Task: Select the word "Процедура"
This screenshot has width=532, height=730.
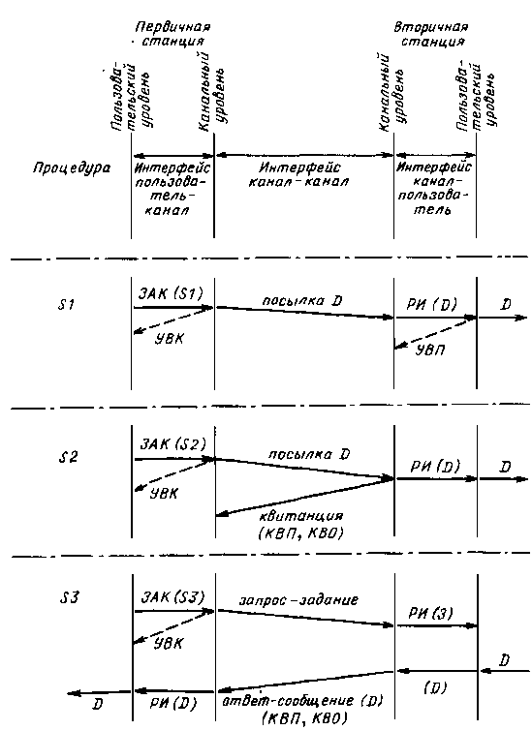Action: (x=72, y=169)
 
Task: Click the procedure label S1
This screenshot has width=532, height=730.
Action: (x=65, y=305)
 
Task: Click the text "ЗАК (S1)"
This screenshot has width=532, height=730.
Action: (x=172, y=294)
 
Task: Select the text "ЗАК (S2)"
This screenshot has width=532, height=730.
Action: (x=172, y=444)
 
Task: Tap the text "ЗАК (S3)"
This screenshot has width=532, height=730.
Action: (x=173, y=596)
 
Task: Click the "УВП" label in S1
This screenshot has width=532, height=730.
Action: (x=430, y=350)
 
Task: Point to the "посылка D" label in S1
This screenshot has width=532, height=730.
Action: (x=302, y=300)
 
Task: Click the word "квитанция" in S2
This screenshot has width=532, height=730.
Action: (x=301, y=517)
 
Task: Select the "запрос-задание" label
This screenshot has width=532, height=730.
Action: (x=299, y=599)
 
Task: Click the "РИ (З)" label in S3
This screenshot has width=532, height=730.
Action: (x=430, y=613)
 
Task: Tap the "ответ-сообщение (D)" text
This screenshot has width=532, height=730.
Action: (x=301, y=702)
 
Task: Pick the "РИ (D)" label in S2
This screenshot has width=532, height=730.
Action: (x=435, y=466)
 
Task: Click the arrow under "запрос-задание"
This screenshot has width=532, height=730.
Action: (x=305, y=618)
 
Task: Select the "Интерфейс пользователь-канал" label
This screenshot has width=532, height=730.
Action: (x=172, y=189)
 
